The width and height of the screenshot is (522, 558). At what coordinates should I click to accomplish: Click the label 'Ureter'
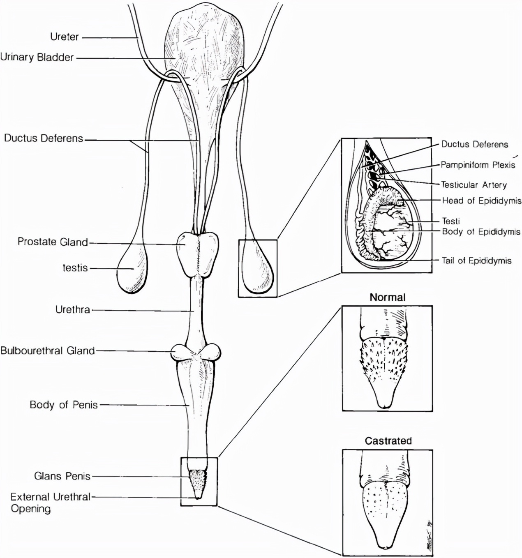[65, 37]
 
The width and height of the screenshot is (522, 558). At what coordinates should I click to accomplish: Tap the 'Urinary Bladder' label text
[37, 57]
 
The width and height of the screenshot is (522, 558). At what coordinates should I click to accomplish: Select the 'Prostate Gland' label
[53, 242]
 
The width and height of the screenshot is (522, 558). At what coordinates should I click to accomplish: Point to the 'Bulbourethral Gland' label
[48, 351]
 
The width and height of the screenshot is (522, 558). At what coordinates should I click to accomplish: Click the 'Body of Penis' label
[64, 405]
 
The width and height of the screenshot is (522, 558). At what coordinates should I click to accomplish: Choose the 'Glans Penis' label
[62, 476]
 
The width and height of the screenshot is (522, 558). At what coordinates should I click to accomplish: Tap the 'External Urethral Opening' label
[50, 503]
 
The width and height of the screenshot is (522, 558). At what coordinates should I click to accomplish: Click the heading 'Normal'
[387, 297]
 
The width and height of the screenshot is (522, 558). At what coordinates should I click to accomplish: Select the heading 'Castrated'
[388, 441]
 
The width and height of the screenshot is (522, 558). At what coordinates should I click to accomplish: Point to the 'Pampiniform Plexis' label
[478, 165]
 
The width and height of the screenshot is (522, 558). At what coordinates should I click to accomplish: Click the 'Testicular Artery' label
[473, 185]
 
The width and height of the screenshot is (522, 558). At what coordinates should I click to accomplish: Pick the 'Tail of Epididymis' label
[476, 261]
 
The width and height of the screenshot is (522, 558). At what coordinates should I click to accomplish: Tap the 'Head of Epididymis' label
[482, 201]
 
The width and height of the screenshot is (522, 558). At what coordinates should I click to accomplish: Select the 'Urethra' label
[72, 310]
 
